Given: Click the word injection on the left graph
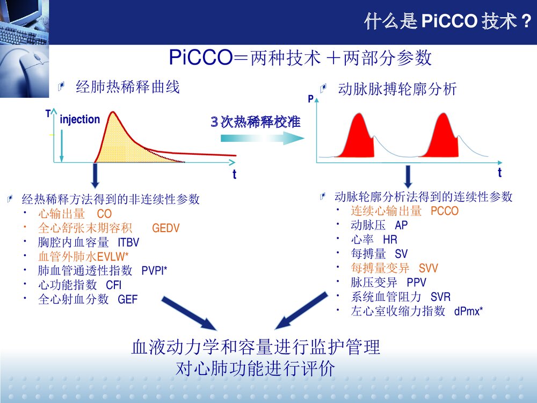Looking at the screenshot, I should pos(80,119).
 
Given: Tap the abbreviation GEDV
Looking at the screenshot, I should pos(166,228).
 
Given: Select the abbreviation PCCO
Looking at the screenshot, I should pos(445,211).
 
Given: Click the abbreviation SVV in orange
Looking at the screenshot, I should pos(429,268).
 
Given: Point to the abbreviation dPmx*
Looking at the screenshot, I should pos(468,311).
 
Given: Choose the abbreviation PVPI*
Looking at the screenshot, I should pos(155,271).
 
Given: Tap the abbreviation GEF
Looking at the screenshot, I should pos(128,299).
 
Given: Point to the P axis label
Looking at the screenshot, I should pos(310,99).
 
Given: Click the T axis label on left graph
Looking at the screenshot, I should pos(48,114).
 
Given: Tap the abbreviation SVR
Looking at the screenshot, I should pos(440,297).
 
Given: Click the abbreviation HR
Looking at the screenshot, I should pos(390,240).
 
